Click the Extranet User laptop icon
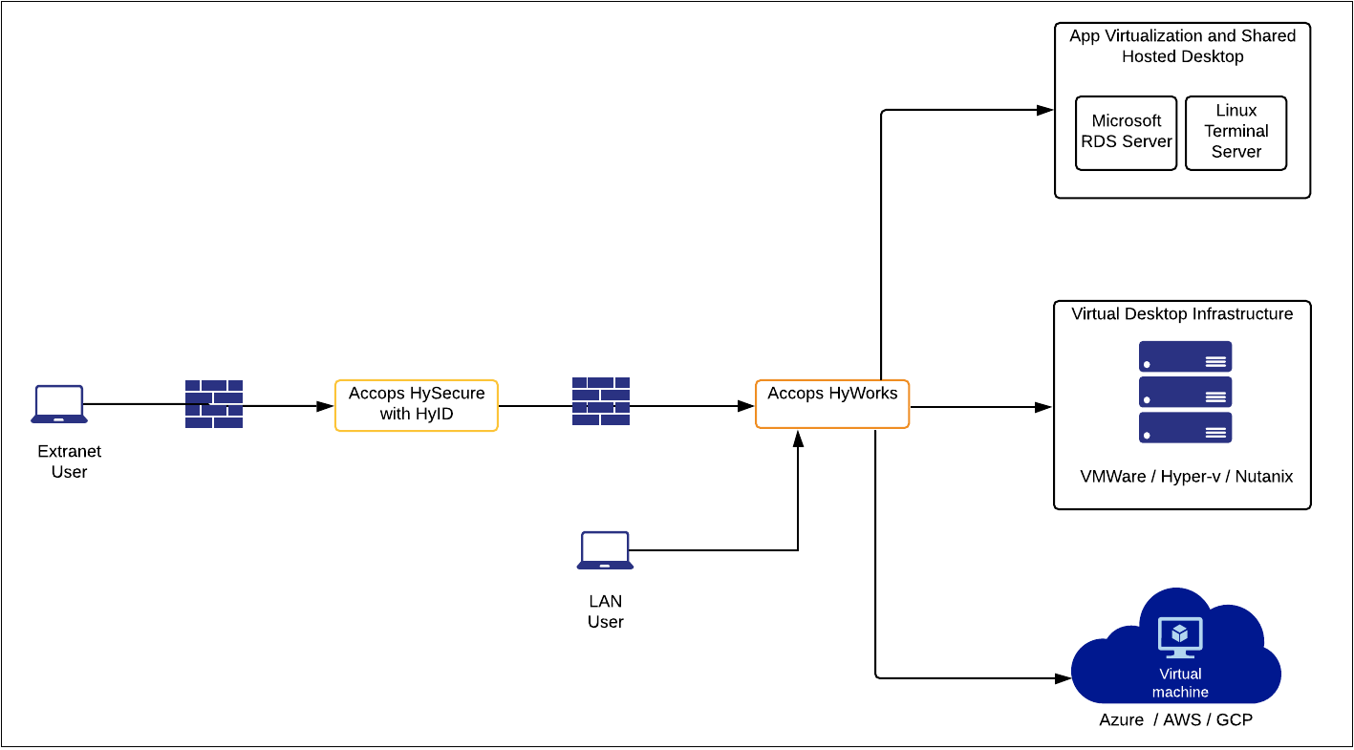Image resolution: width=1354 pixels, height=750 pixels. tap(59, 404)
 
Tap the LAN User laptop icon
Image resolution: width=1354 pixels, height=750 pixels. tap(605, 550)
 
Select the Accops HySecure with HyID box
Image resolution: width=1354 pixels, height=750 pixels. tap(417, 405)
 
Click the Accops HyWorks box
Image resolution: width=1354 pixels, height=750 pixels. tap(832, 404)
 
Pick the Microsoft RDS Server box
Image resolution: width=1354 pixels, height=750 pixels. tap(1126, 132)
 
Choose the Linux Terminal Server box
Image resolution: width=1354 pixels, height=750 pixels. tap(1236, 132)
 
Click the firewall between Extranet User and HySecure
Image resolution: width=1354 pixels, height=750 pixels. tap(214, 404)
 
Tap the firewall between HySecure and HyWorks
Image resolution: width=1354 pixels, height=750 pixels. tap(601, 401)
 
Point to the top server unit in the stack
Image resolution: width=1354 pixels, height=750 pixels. tap(1185, 356)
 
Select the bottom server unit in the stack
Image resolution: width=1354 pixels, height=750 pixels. tap(1185, 428)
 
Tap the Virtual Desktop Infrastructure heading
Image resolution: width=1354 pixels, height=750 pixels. tap(1182, 314)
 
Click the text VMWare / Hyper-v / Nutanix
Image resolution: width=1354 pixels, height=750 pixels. tap(1186, 477)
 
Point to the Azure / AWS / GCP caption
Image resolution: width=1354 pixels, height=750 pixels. tap(1175, 719)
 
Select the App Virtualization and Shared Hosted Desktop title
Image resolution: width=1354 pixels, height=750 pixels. tap(1182, 46)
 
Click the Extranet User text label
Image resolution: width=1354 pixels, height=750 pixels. tap(69, 461)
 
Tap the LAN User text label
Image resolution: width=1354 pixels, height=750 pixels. tap(605, 611)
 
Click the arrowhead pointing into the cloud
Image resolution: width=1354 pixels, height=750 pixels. tap(1063, 678)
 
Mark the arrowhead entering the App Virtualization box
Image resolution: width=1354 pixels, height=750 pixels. tap(1045, 110)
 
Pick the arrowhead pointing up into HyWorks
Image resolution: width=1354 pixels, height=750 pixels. tap(798, 438)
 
